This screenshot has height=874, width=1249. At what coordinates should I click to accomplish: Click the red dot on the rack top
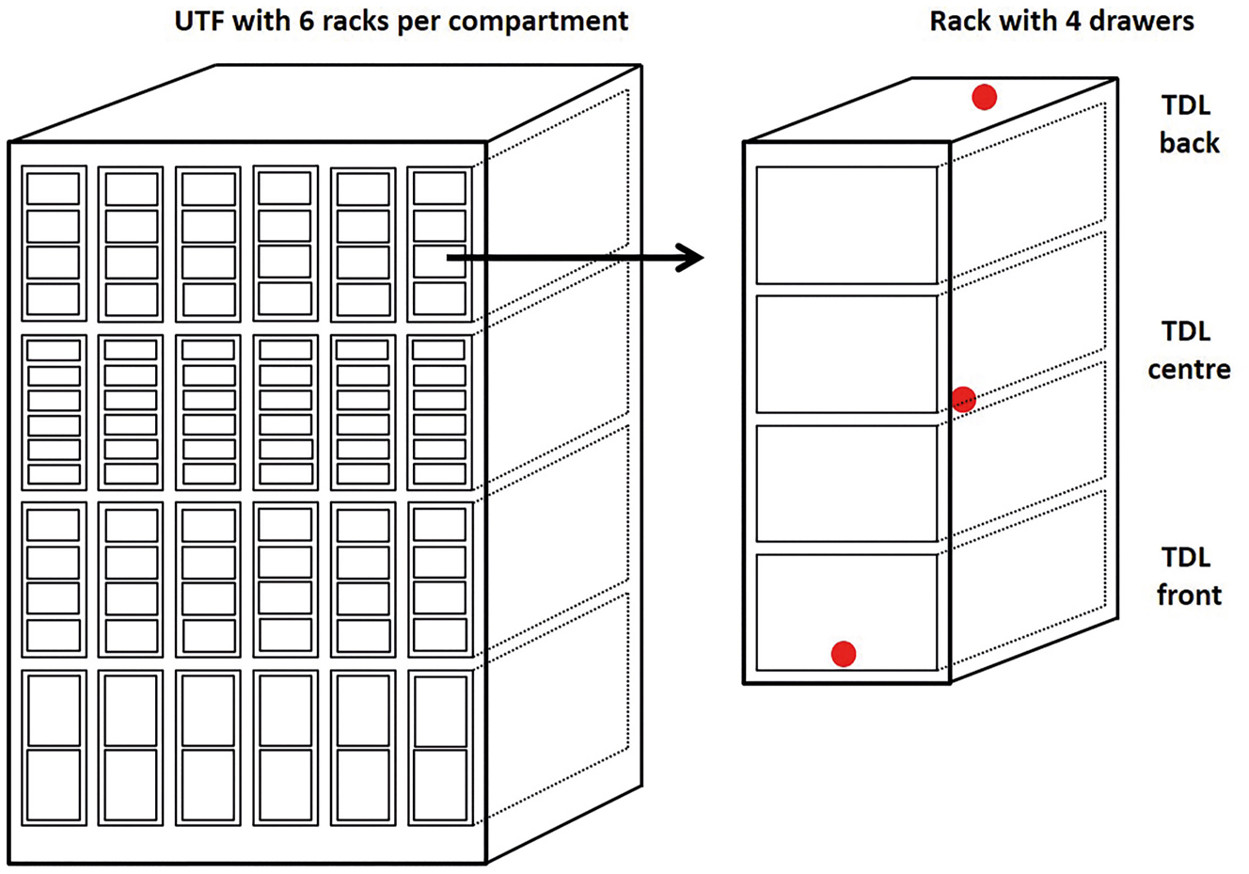click(984, 97)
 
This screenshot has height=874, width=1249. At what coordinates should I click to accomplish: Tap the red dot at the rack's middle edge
click(963, 399)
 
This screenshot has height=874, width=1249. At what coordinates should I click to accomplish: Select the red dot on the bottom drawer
click(844, 653)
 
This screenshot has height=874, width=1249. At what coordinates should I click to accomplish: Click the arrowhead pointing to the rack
click(692, 257)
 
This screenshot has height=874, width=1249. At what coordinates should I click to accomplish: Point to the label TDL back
click(1188, 124)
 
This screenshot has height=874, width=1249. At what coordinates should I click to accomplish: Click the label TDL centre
click(1188, 350)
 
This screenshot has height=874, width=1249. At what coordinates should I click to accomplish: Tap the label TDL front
click(1188, 576)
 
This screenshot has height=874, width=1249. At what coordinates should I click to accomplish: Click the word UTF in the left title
click(201, 21)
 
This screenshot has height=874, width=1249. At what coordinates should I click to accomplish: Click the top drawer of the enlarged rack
click(846, 225)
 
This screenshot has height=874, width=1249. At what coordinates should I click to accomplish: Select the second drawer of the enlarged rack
click(846, 354)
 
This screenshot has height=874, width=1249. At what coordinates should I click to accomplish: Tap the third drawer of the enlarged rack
click(846, 484)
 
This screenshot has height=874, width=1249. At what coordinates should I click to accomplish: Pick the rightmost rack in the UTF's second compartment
click(439, 413)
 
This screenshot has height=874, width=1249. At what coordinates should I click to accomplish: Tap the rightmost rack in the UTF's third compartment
click(439, 580)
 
